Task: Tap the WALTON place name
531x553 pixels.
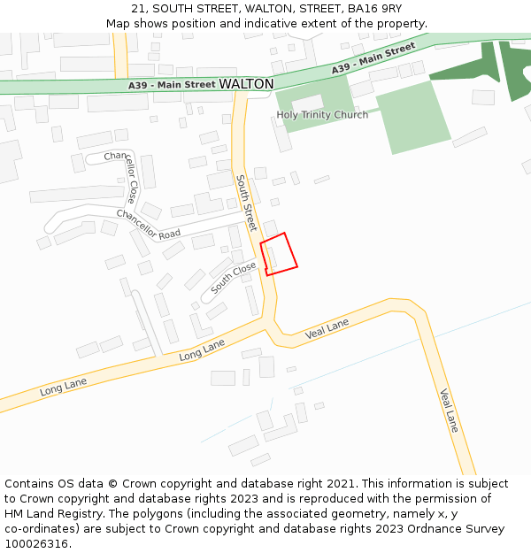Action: point(246,83)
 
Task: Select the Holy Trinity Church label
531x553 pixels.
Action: point(322,115)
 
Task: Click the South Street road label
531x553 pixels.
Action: point(246,204)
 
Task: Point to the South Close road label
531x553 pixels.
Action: point(234,278)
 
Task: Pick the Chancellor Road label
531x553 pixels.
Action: point(148,224)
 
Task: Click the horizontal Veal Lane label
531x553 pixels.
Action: point(327,330)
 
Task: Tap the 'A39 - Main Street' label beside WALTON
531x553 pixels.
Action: point(172,85)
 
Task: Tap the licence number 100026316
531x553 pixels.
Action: point(36,544)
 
